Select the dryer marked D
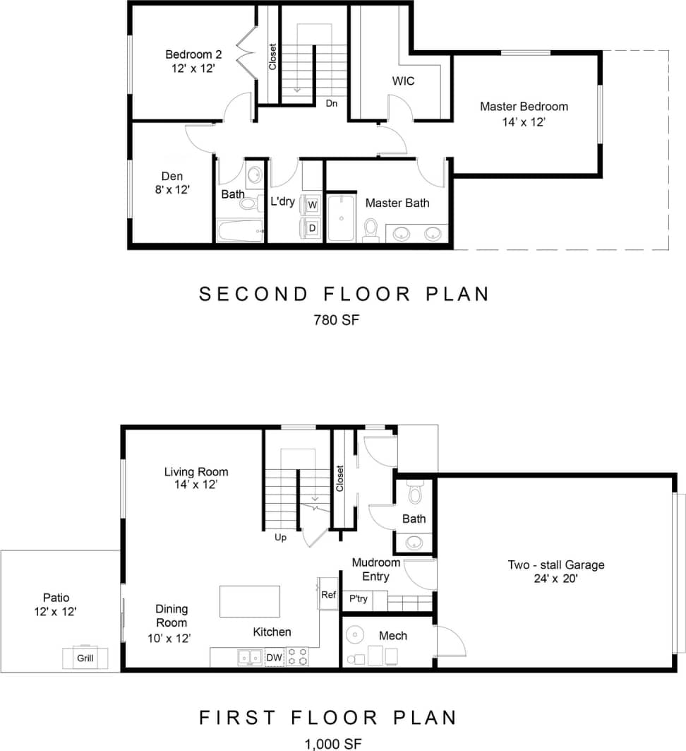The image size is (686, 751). coord(312,227)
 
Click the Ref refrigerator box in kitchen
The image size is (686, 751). coord(328,594)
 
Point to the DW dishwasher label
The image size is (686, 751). coord(274,658)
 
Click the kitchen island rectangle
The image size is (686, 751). coord(250,601)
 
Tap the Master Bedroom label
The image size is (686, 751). coord(524,107)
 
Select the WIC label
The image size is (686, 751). coord(403,81)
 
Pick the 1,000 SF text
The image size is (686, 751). coord(333,743)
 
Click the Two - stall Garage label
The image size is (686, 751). coord(556,564)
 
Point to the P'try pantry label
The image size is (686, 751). coord(359,598)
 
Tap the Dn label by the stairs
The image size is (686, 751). coord(331,103)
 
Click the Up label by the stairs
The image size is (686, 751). coord(280,537)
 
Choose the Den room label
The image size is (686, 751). coord(171,177)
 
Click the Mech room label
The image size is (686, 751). coord(392,636)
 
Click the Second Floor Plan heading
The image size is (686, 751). coord(344,294)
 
